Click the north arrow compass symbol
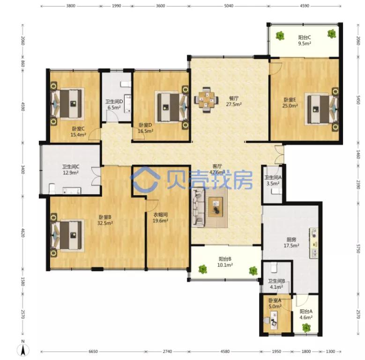[x=23, y=349]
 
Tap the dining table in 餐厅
[x=206, y=100]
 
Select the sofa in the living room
[x=198, y=208]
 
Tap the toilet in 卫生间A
[x=276, y=191]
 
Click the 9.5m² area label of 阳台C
[x=305, y=44]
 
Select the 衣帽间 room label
[x=160, y=215]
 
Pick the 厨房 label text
[x=291, y=239]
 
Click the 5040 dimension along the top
[x=229, y=6]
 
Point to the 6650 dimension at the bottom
[x=93, y=352]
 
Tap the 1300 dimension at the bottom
[x=330, y=352]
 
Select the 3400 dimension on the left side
[x=23, y=169]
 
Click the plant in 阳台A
[x=306, y=328]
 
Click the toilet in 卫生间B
[x=274, y=267]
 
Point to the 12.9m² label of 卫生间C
[x=71, y=173]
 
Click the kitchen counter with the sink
[x=314, y=243]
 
